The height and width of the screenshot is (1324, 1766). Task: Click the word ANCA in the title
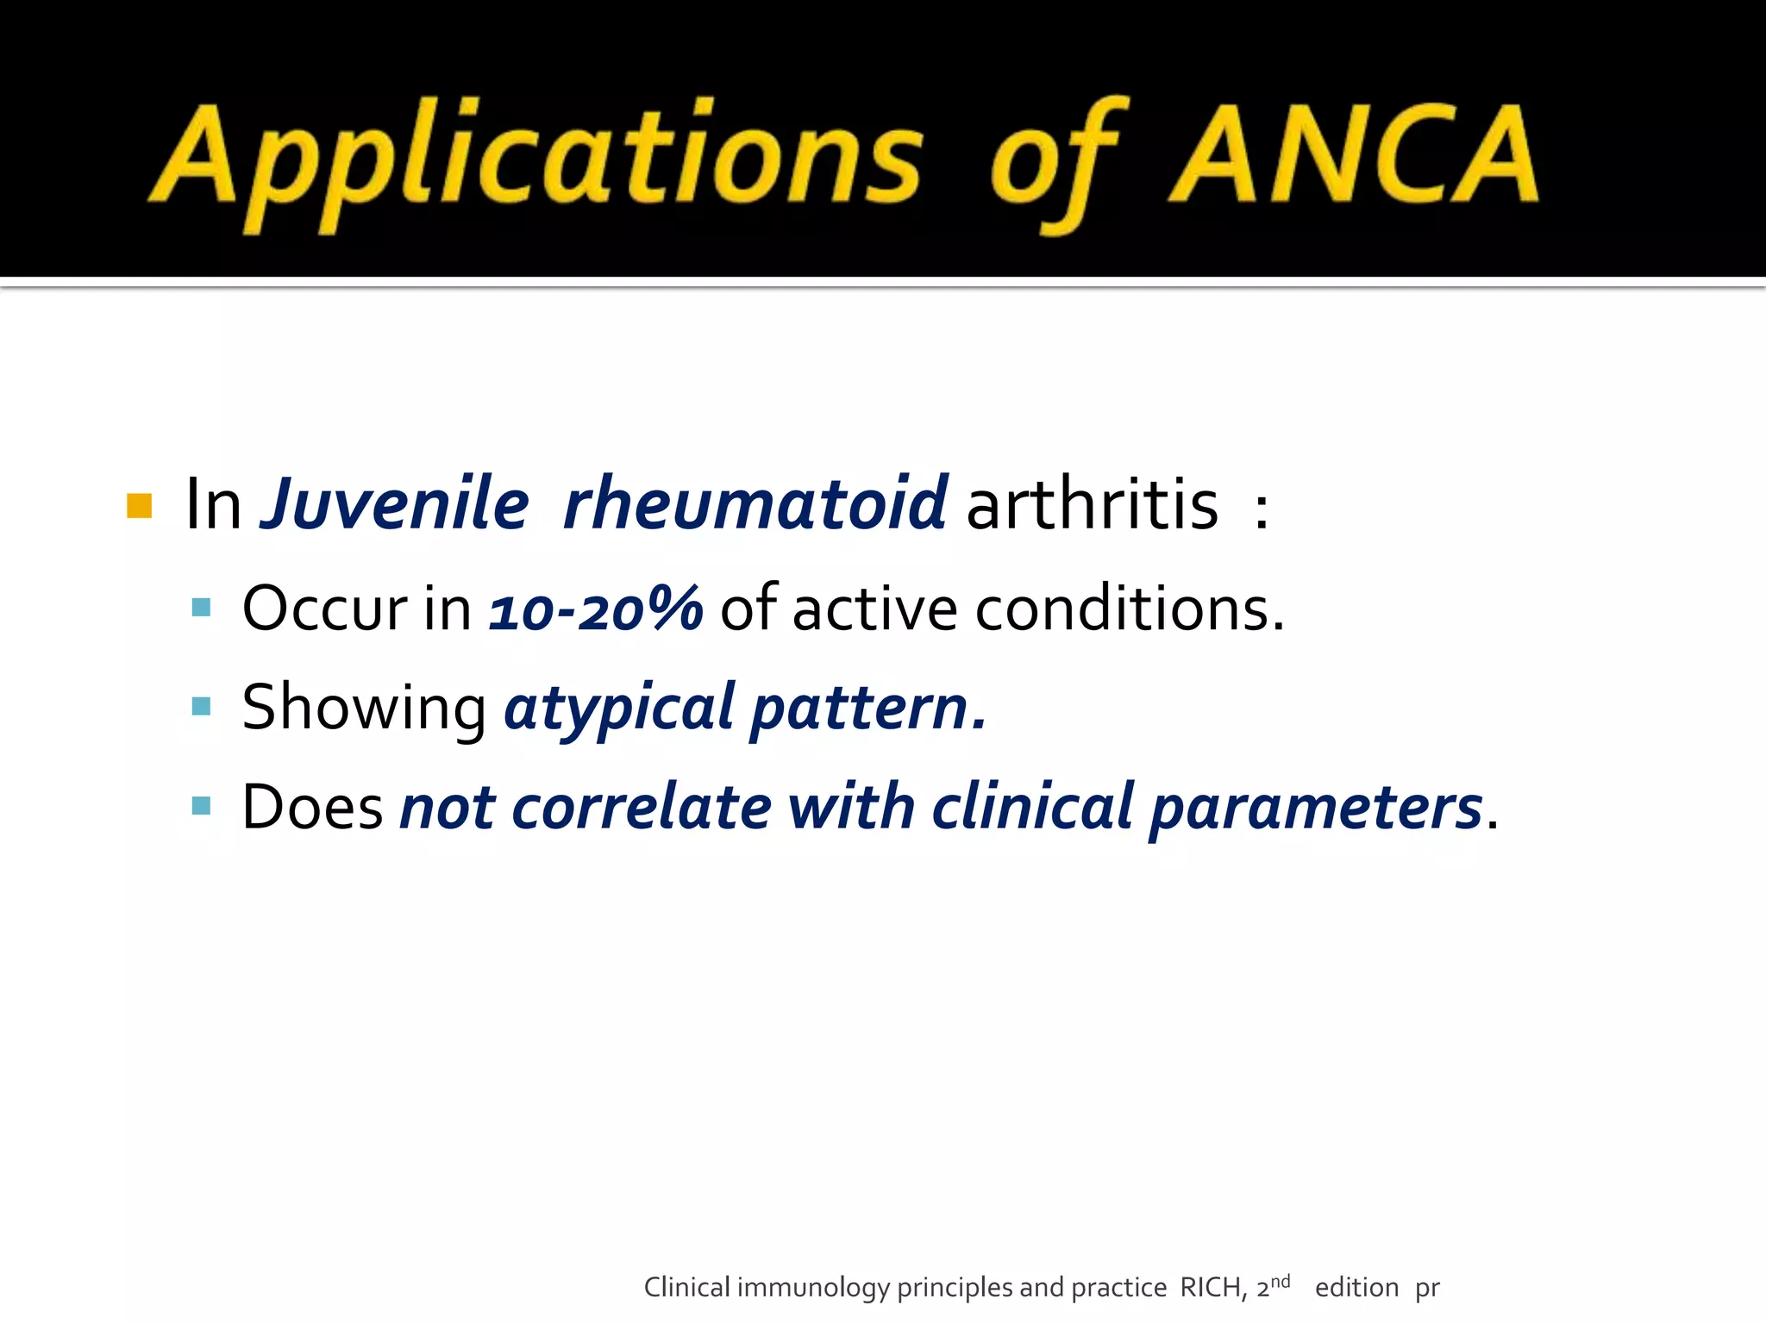[1354, 155]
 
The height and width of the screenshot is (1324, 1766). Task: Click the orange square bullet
[139, 506]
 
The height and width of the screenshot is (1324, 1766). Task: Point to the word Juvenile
[395, 503]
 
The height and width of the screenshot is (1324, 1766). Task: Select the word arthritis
[1093, 503]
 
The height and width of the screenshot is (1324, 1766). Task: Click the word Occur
[325, 609]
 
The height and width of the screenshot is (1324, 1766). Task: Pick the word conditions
[1130, 609]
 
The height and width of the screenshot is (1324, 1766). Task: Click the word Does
[312, 808]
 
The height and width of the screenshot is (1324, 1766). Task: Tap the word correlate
[642, 808]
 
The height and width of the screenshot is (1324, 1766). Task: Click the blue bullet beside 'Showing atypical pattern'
[201, 707]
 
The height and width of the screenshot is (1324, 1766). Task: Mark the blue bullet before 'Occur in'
[201, 608]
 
